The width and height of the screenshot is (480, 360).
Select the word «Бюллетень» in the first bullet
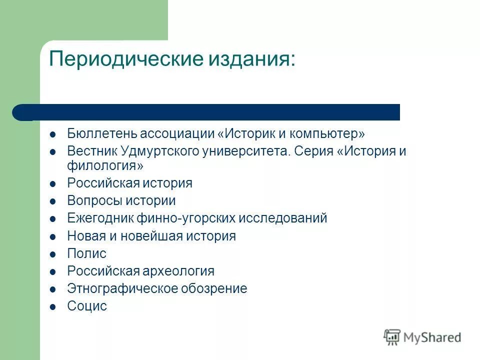[x=102, y=134]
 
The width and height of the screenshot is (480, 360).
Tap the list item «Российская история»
[x=130, y=183]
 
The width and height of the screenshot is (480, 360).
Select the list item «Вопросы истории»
[x=121, y=201]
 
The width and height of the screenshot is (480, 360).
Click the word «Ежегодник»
[x=100, y=218]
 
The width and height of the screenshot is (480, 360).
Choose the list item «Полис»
[x=87, y=253]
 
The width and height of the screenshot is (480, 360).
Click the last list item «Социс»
[x=87, y=306]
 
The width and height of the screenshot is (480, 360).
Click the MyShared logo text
[x=432, y=337]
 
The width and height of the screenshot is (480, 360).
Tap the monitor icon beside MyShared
[x=392, y=337]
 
